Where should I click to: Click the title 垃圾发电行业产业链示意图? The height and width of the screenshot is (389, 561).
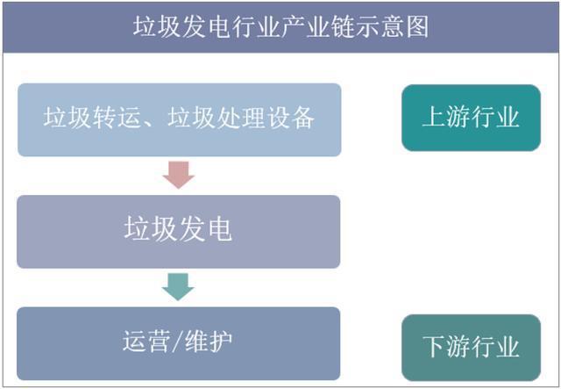[x=280, y=26]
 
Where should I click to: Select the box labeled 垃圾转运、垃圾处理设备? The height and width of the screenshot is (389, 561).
[x=179, y=119]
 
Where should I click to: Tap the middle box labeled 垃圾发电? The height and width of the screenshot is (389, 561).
[x=179, y=232]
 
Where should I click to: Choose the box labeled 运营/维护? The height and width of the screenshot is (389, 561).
[x=179, y=343]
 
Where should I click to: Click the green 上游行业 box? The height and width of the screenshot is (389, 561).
[x=471, y=118]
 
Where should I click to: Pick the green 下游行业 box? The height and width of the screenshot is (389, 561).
[x=471, y=348]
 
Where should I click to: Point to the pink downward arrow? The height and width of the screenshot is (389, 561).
[x=179, y=175]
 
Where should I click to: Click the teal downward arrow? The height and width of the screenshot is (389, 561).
[x=178, y=287]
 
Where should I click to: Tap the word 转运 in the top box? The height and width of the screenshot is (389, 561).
[x=117, y=118]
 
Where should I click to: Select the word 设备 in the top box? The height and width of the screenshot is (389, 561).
[x=291, y=118]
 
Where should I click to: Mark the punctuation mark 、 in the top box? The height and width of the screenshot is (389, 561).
[x=151, y=123]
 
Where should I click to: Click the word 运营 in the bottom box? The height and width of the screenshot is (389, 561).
[x=146, y=341]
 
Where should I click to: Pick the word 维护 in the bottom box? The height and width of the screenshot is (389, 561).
[x=209, y=341]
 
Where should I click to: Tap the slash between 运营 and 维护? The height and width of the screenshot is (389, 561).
[x=177, y=341]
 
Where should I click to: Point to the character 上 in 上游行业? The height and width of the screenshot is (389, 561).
[x=434, y=117]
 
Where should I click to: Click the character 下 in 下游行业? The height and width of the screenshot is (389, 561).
[x=435, y=346]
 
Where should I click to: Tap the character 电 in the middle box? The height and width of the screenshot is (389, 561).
[x=220, y=228]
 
